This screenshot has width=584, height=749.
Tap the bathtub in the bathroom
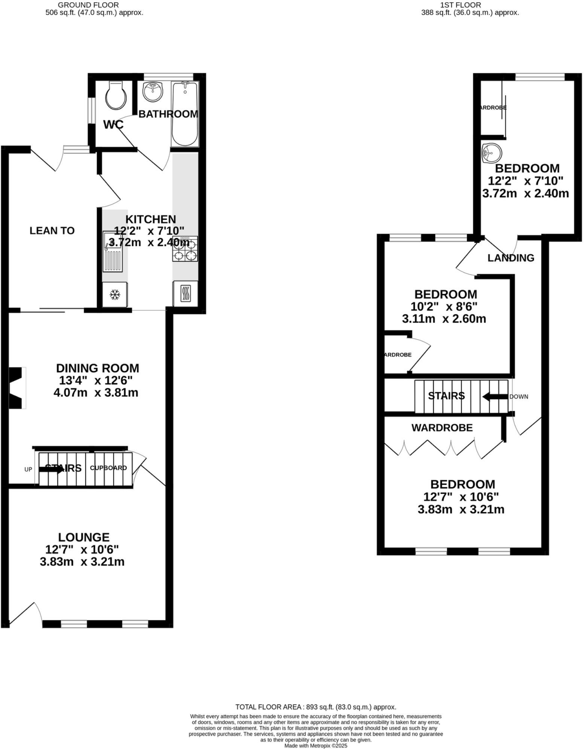185,114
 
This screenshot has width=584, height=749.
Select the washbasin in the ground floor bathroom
153,91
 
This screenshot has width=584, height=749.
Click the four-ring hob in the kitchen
185,249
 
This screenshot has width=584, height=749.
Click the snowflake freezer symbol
115,295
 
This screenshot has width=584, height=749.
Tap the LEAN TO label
52,231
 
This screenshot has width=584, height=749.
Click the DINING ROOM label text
97,368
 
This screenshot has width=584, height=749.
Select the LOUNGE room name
84,537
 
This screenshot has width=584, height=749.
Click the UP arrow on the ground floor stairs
51,470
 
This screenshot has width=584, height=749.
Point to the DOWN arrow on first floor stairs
495,397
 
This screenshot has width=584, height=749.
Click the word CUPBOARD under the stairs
108,468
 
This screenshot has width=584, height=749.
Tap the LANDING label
511,258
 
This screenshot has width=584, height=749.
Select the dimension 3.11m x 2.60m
444,319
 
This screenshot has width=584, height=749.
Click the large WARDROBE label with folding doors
442,428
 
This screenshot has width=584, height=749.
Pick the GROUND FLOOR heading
89,5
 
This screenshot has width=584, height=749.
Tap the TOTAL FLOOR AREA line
316,707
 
